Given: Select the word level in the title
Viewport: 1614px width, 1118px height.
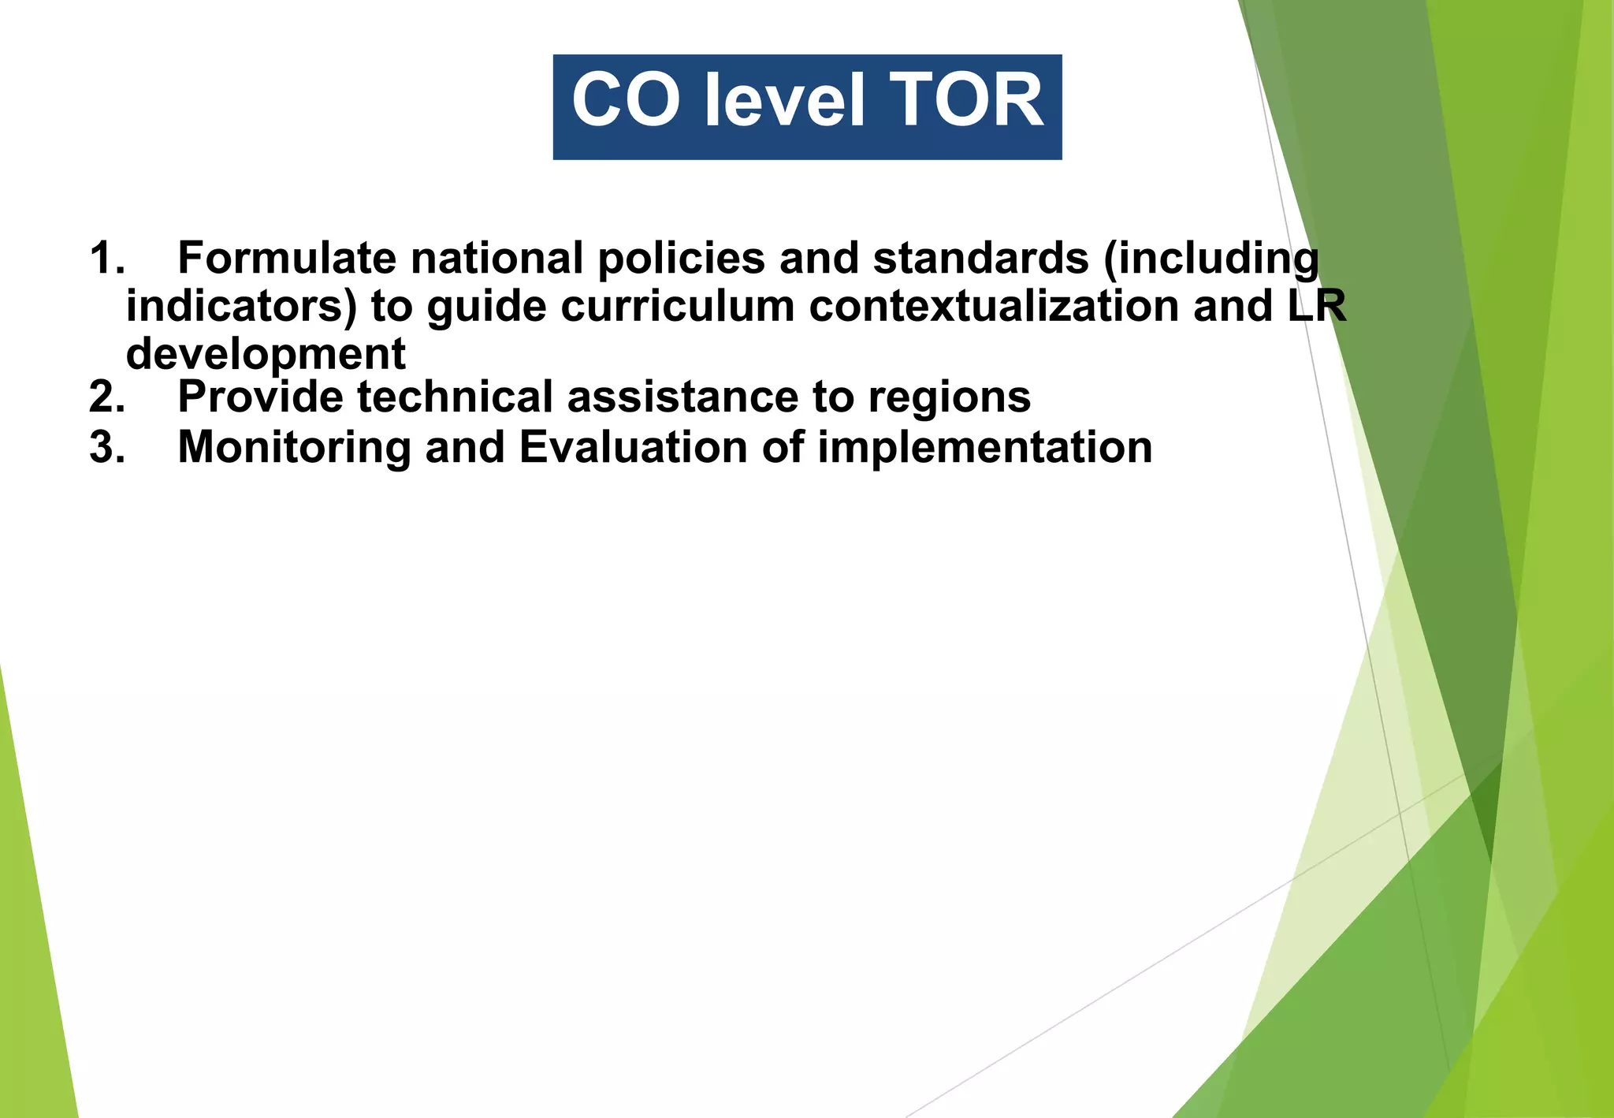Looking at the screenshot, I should point(785,101).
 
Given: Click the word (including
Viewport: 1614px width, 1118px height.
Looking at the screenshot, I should point(1210,259).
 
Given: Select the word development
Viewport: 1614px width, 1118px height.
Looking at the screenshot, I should point(266,354).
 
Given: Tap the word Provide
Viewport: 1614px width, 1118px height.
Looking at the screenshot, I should point(261,397).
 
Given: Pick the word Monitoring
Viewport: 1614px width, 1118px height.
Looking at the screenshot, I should point(294,448).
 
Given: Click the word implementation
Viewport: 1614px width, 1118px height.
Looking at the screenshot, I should point(984,448).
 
